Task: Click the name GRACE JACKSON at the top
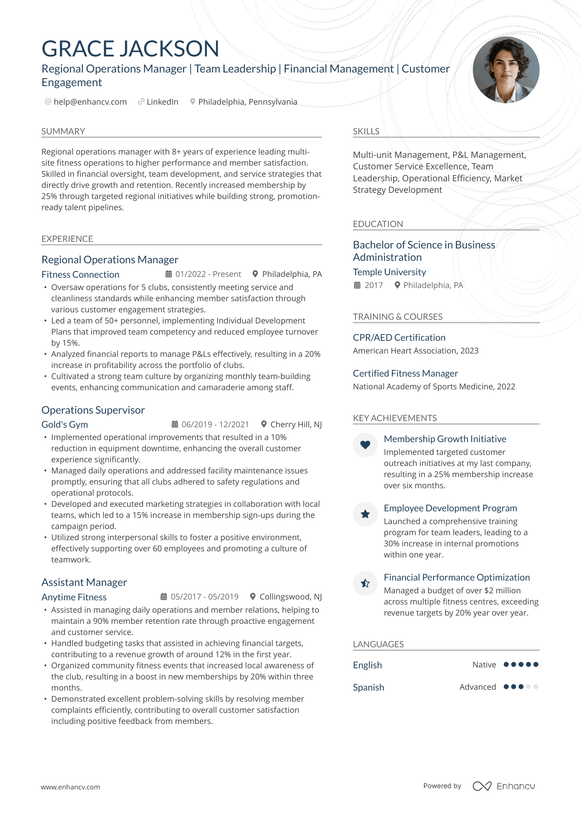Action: click(130, 49)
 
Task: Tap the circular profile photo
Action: click(506, 70)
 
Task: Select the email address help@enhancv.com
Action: click(90, 102)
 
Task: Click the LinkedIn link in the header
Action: click(162, 102)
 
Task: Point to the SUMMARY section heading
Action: click(63, 131)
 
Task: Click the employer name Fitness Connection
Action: click(80, 274)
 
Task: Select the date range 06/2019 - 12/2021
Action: click(215, 424)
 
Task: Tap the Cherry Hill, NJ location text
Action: click(296, 424)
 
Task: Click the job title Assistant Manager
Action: click(84, 582)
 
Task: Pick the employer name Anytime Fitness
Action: click(74, 597)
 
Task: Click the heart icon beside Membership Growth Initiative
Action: click(365, 445)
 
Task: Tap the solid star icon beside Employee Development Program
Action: click(365, 514)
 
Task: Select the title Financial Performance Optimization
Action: click(457, 577)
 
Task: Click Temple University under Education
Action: click(389, 272)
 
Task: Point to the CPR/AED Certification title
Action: click(399, 337)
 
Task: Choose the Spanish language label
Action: click(368, 687)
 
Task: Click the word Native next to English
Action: click(484, 665)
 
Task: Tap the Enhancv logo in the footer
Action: click(504, 786)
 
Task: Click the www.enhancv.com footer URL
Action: click(70, 787)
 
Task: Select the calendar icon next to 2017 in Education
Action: click(357, 285)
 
